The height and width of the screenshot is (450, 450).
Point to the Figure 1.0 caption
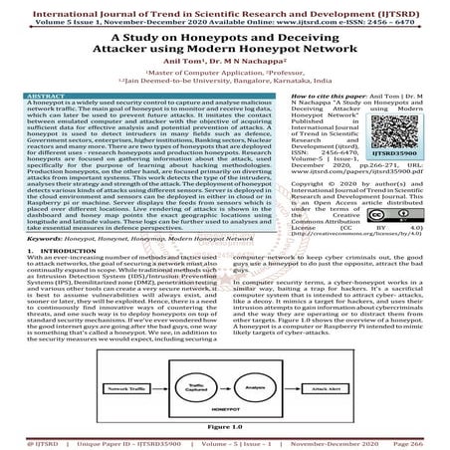click(224, 425)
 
